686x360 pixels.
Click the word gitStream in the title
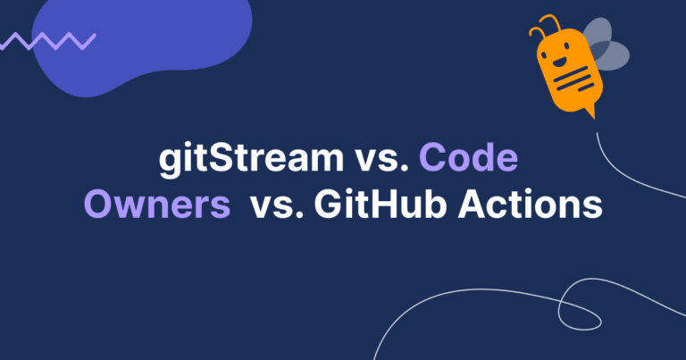(x=251, y=158)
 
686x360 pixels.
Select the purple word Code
(x=469, y=157)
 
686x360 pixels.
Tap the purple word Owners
(x=157, y=205)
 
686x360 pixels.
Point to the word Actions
(x=531, y=204)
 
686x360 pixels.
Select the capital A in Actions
(x=472, y=204)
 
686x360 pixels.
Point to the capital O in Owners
(x=98, y=205)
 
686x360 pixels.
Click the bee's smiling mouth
(x=558, y=62)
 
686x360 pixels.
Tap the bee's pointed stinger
(x=591, y=112)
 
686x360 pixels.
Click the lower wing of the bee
(x=609, y=55)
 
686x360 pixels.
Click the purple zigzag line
(x=48, y=41)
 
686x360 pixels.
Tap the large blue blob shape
(x=142, y=44)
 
